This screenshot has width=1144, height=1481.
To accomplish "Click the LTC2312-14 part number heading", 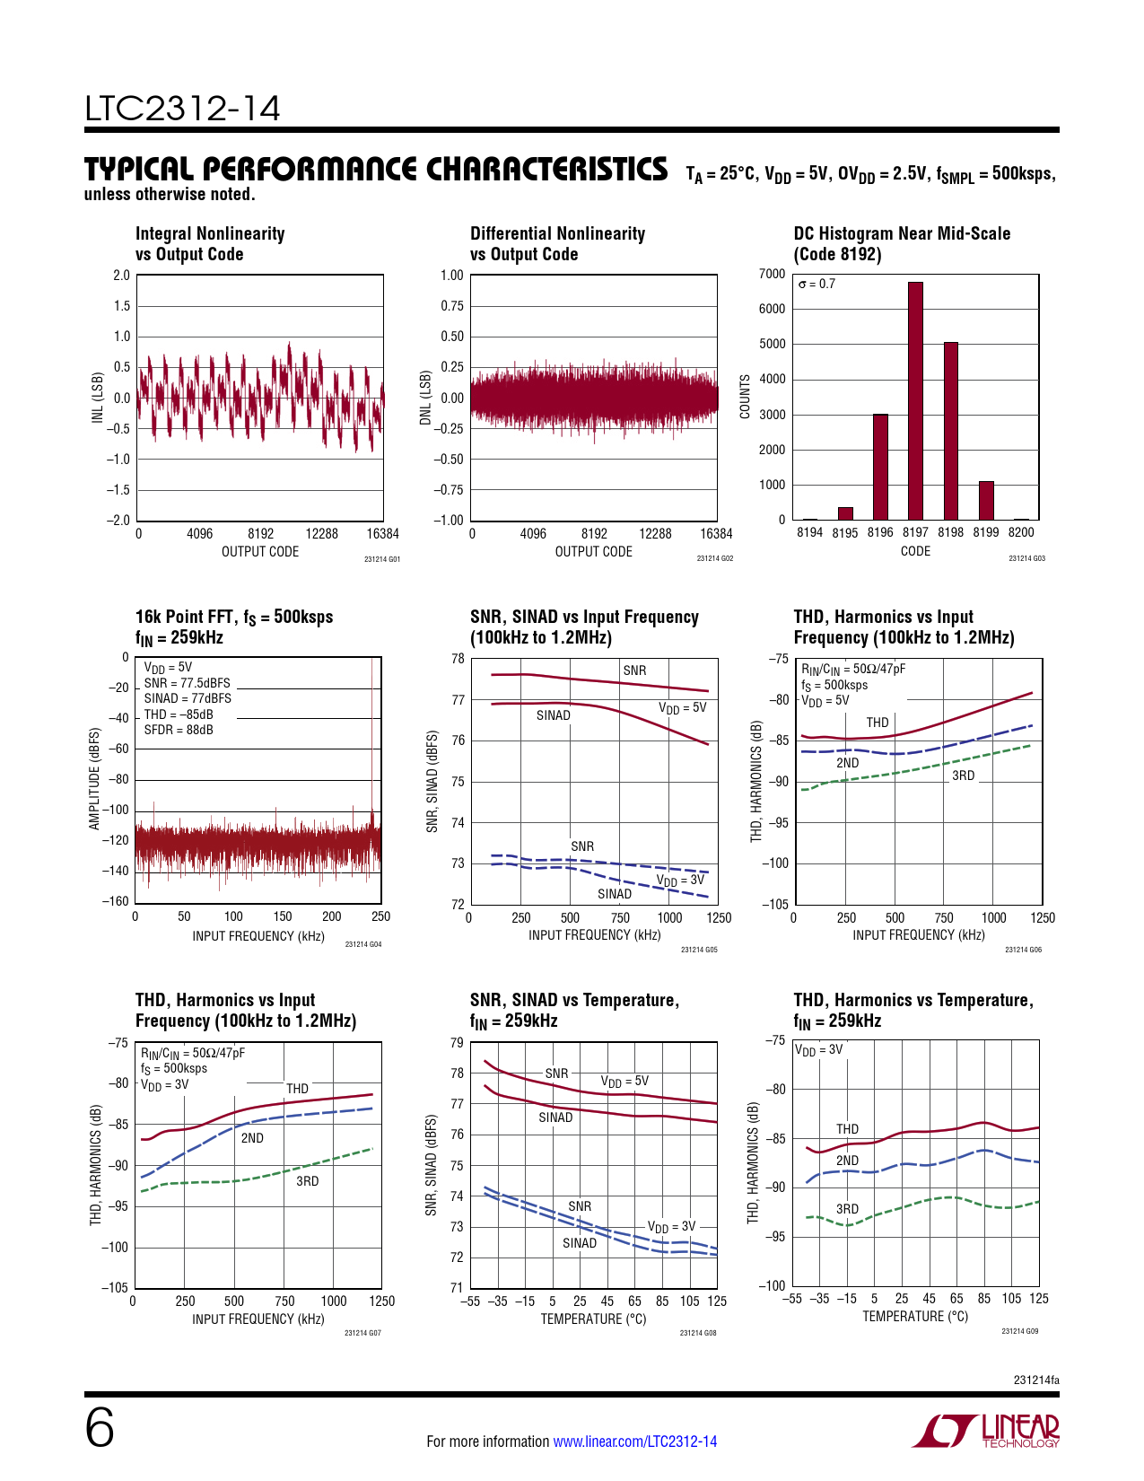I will [x=182, y=109].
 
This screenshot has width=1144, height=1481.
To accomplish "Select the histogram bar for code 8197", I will [x=915, y=401].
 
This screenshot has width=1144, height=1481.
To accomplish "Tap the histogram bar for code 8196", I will [x=880, y=467].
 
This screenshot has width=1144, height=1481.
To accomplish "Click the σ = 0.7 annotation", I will [x=817, y=285].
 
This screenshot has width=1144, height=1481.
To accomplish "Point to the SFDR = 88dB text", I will [x=179, y=730].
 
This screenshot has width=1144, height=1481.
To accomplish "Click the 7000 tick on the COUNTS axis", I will [x=772, y=274].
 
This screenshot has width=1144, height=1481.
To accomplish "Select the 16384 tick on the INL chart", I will [x=382, y=534].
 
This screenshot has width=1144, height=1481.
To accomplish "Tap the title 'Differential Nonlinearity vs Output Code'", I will [x=557, y=244].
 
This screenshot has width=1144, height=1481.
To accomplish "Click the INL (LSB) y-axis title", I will [x=98, y=398].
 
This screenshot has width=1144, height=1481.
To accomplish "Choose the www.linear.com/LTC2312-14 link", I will [x=635, y=1442].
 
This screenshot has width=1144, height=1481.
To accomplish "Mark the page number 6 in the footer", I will [x=100, y=1428].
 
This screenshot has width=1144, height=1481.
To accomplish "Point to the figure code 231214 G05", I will [x=699, y=950].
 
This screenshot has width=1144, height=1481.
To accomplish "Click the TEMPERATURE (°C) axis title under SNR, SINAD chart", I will [x=593, y=1319].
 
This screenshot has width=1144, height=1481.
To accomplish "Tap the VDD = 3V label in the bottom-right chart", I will [x=818, y=1050].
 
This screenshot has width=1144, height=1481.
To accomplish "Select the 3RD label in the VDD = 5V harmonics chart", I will [x=963, y=776].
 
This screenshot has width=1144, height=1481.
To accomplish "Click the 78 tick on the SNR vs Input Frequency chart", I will [x=458, y=659].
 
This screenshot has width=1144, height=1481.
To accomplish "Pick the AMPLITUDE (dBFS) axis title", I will [x=94, y=779].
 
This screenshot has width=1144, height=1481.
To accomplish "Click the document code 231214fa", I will [x=1035, y=1380].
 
